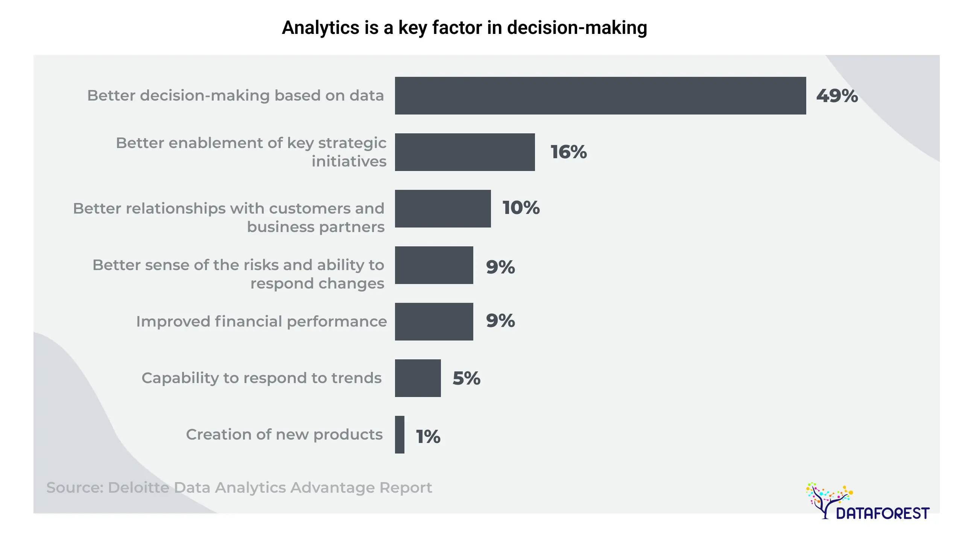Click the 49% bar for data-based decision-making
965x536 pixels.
pyautogui.click(x=600, y=96)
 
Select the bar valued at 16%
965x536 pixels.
pyautogui.click(x=465, y=152)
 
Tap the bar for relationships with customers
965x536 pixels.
pyautogui.click(x=443, y=209)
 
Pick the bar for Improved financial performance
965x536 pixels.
pyautogui.click(x=434, y=322)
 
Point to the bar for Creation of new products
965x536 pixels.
pyautogui.click(x=400, y=435)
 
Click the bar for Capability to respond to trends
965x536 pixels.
pyautogui.click(x=418, y=378)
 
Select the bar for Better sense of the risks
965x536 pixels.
pyautogui.click(x=434, y=265)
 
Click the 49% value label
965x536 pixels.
pyautogui.click(x=837, y=96)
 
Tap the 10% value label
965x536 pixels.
pyautogui.click(x=521, y=208)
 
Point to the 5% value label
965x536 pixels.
pyautogui.click(x=467, y=378)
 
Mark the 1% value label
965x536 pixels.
pyautogui.click(x=428, y=437)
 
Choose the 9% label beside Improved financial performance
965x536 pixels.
pyautogui.click(x=500, y=321)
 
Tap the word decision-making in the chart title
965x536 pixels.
pyautogui.click(x=577, y=28)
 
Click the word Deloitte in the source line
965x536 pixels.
pyautogui.click(x=138, y=487)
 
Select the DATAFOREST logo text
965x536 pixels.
pyautogui.click(x=883, y=513)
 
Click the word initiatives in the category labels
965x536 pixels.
pyautogui.click(x=349, y=161)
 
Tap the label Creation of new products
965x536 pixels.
pyautogui.click(x=284, y=435)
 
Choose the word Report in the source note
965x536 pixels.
pyautogui.click(x=406, y=487)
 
